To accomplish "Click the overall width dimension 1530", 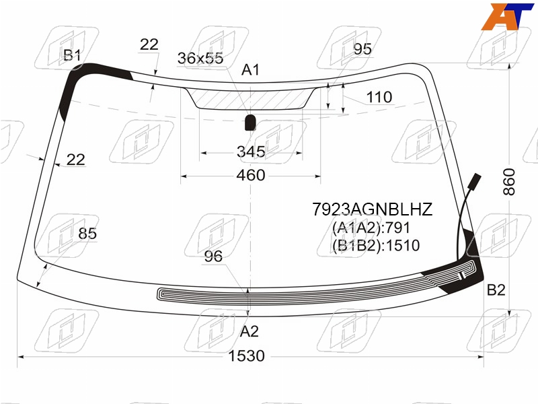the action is point(246,356).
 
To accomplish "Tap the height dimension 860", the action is point(509,182).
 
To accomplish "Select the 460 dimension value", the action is point(251,175).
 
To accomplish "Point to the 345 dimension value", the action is point(251,151).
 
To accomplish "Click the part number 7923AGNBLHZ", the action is point(373,209).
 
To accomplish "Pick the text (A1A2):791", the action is point(371,228).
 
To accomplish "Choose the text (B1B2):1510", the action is point(376,245).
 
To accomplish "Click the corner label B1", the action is point(72,55).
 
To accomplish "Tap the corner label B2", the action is point(496,290).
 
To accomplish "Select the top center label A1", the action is point(250,70).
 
